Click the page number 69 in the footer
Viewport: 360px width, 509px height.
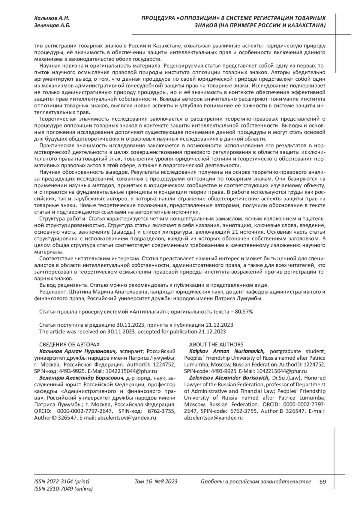pos(322,482)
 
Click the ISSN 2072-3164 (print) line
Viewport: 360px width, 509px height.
pos(62,482)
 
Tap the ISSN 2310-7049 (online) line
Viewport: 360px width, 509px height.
pos(64,489)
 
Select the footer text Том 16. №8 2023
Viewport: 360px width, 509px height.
pos(156,482)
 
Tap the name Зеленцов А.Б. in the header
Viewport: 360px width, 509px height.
pos(52,25)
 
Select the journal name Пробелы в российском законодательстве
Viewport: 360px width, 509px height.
pos(255,482)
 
